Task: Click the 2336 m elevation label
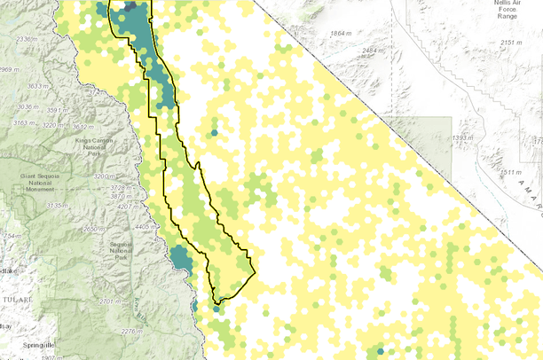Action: (28, 40)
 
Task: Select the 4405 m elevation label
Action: (146, 226)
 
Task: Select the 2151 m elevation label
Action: (513, 43)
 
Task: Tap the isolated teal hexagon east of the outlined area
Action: (214, 133)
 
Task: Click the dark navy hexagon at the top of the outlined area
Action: (130, 5)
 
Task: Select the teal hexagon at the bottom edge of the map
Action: (381, 351)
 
